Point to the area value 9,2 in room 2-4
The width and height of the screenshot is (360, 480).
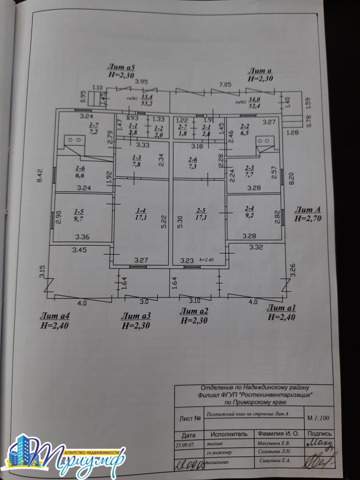pyautogui.click(x=250, y=216)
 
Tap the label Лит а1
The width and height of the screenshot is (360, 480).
pyautogui.click(x=281, y=308)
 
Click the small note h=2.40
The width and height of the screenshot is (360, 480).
pyautogui.click(x=206, y=260)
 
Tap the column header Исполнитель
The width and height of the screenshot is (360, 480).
pyautogui.click(x=229, y=434)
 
